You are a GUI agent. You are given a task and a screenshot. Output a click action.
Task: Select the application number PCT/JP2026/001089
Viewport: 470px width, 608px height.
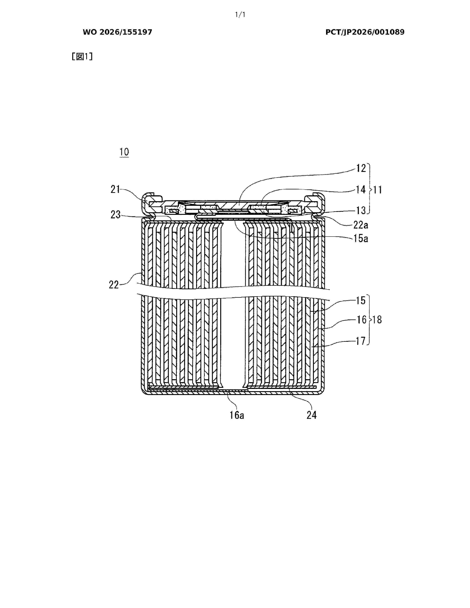(365, 32)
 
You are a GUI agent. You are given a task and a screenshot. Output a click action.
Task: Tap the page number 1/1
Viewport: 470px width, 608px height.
(240, 15)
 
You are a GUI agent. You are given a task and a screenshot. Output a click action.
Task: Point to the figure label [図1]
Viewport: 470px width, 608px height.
(82, 57)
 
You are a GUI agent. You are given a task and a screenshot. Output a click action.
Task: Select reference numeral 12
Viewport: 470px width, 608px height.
(361, 168)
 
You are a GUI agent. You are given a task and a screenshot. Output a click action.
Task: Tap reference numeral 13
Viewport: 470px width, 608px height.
(361, 210)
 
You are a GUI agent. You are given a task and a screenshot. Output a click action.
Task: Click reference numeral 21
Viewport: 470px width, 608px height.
(115, 190)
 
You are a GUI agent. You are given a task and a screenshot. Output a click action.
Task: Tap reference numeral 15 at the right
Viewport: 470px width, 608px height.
(361, 301)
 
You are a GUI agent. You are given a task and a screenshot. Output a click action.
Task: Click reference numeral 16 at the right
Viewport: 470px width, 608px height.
(362, 320)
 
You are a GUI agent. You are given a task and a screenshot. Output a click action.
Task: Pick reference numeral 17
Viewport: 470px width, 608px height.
(361, 341)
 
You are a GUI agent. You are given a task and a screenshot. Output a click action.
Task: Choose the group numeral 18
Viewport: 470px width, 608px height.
(377, 320)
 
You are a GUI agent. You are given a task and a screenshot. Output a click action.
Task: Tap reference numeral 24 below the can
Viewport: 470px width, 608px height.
(311, 415)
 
